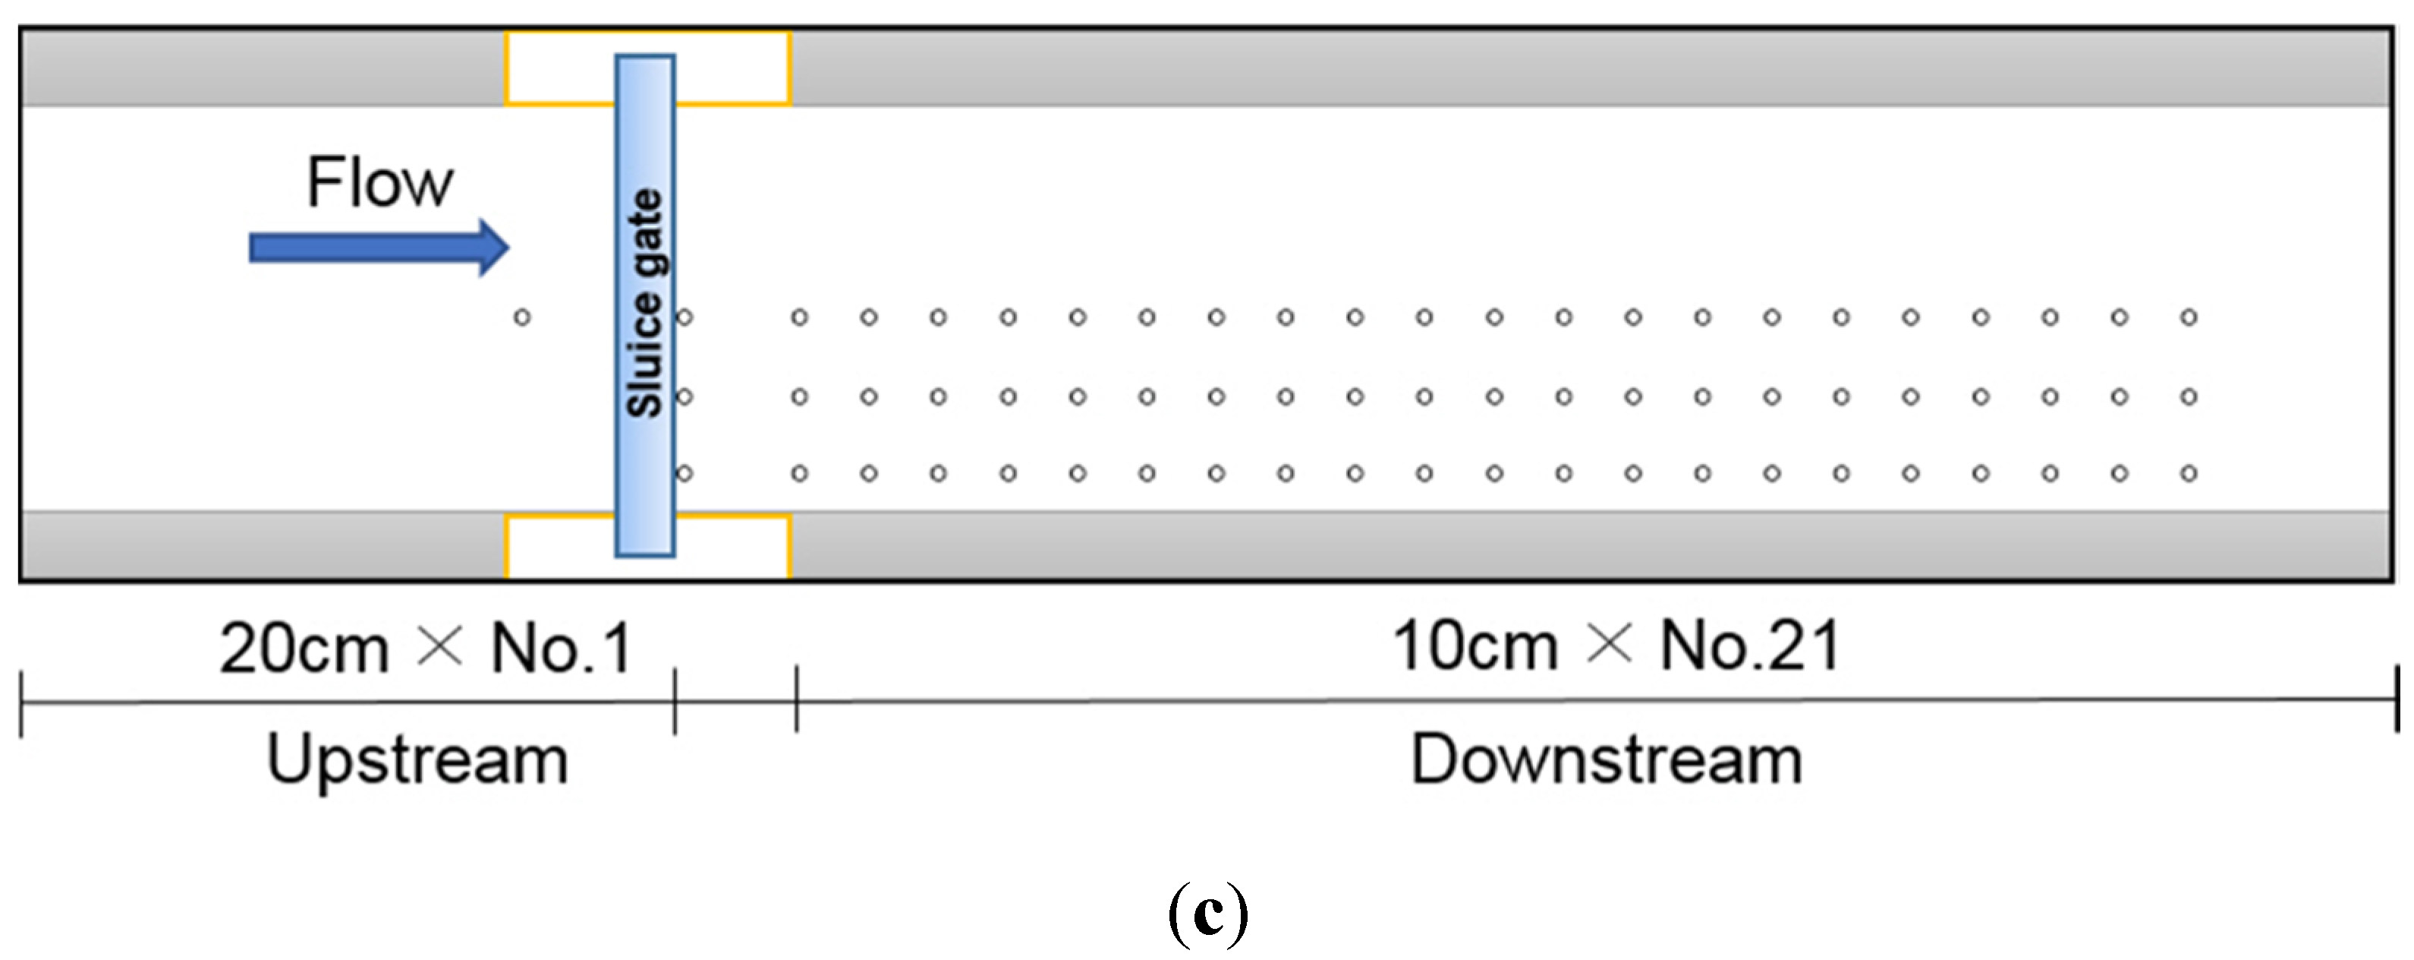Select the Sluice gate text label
645,303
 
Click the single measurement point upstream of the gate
522,317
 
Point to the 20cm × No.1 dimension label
426,648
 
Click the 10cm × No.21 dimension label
1616,646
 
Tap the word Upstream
417,759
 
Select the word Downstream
1607,759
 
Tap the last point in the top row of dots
2188,317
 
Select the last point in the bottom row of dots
2188,473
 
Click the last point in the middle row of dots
2188,396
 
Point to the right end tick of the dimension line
2397,699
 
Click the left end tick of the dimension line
21,703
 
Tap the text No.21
1749,646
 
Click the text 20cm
304,649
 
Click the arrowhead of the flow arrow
494,248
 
